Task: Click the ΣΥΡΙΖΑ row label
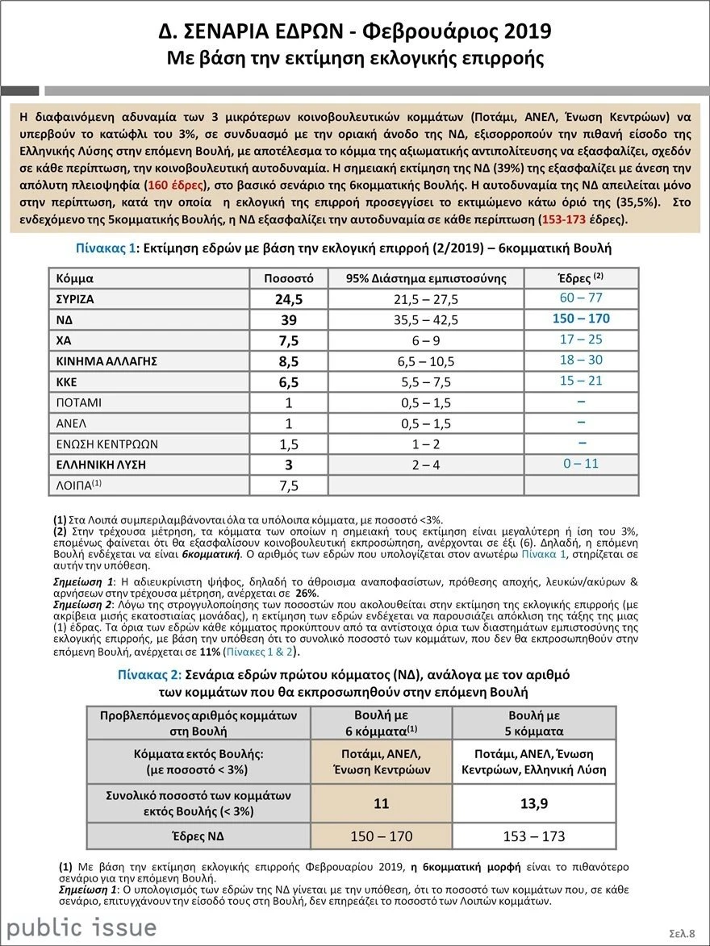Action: (x=75, y=298)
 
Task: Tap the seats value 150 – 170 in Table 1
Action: (x=581, y=319)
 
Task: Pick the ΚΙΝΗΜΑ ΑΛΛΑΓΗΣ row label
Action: (x=105, y=360)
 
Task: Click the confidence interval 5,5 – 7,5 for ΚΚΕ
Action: (x=426, y=381)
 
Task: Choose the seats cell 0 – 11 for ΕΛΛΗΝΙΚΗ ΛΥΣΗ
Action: (x=581, y=464)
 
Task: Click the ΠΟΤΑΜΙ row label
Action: (x=79, y=402)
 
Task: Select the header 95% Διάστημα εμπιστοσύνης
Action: (x=426, y=278)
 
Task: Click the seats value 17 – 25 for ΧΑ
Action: (x=581, y=340)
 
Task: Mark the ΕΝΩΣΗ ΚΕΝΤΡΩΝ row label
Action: (x=106, y=444)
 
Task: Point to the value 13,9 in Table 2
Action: (x=531, y=805)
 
